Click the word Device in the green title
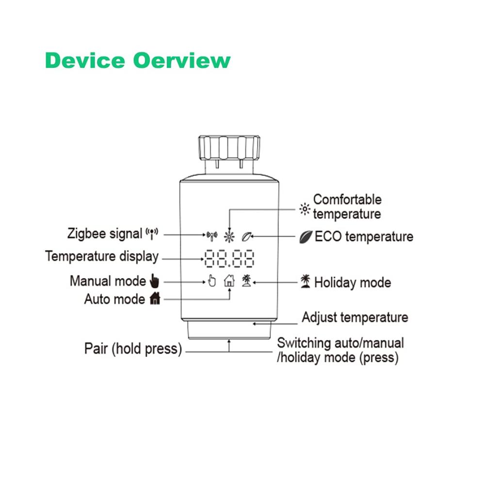click(85, 60)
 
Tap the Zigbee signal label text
click(105, 234)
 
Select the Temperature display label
click(102, 257)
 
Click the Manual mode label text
click(108, 281)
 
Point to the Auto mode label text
click(114, 299)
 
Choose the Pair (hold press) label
click(133, 349)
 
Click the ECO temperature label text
click(364, 237)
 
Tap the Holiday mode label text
click(353, 283)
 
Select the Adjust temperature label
click(355, 317)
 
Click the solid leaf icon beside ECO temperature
click(306, 237)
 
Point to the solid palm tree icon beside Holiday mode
click(305, 281)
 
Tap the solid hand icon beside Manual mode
click(155, 280)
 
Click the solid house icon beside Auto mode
click(155, 298)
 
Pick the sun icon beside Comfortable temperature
click(305, 210)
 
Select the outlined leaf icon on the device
click(246, 237)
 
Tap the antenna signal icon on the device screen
click(212, 236)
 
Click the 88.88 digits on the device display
click(229, 259)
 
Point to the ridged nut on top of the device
click(229, 147)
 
